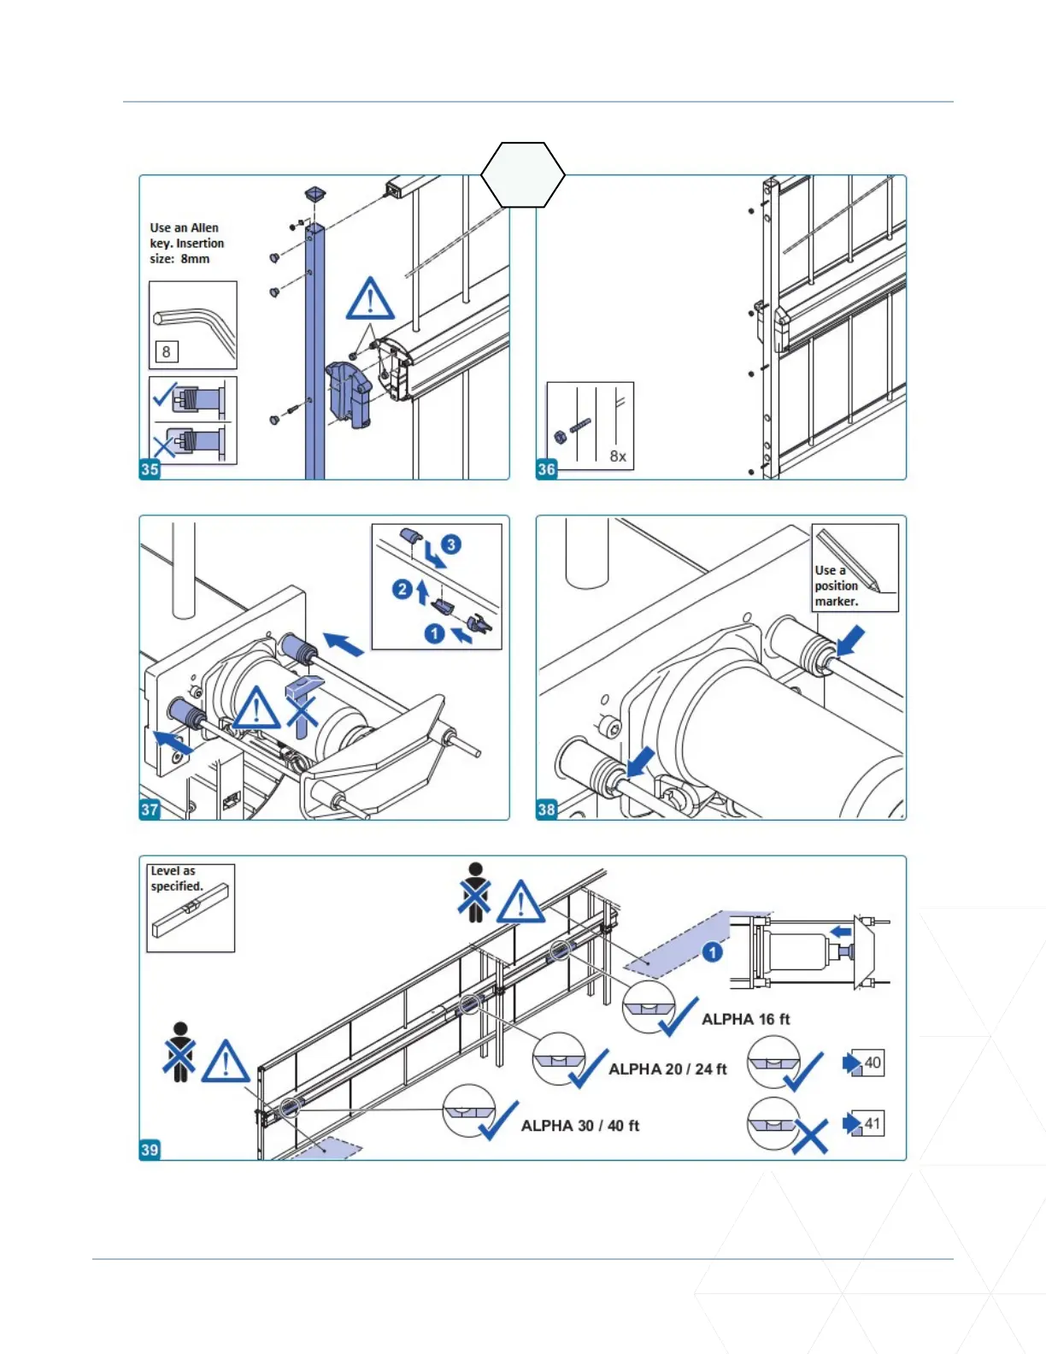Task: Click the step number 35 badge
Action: (150, 468)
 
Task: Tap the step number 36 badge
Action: (546, 468)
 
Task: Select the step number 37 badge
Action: (150, 809)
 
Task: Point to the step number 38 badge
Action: (546, 809)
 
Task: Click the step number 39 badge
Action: (150, 1150)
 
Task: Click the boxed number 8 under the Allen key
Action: (166, 351)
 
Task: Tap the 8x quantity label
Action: (618, 456)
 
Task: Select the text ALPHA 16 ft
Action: (745, 1019)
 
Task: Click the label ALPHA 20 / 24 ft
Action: (667, 1069)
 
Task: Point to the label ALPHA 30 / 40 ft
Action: (579, 1126)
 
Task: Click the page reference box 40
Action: (871, 1063)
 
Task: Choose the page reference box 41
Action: (871, 1123)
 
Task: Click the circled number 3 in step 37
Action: (451, 545)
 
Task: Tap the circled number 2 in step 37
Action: (403, 589)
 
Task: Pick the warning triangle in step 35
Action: (370, 299)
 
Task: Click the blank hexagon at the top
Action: (523, 174)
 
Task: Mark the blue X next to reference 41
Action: (809, 1137)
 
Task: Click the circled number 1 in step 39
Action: (713, 952)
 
